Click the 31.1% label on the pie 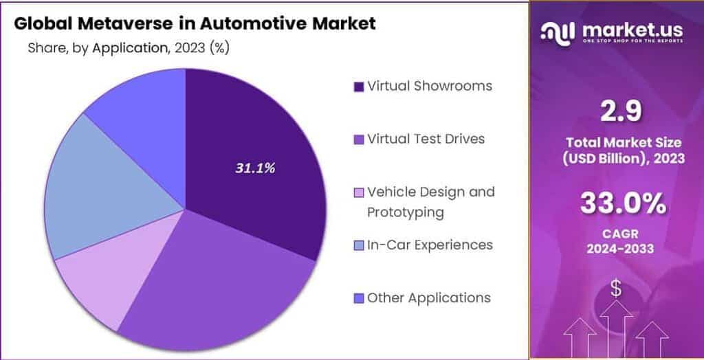(255, 168)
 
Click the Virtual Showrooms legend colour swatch (358, 87)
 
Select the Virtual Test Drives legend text (426, 139)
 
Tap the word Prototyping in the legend (405, 212)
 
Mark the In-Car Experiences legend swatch (358, 245)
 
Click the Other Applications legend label (428, 297)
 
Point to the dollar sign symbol (616, 289)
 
